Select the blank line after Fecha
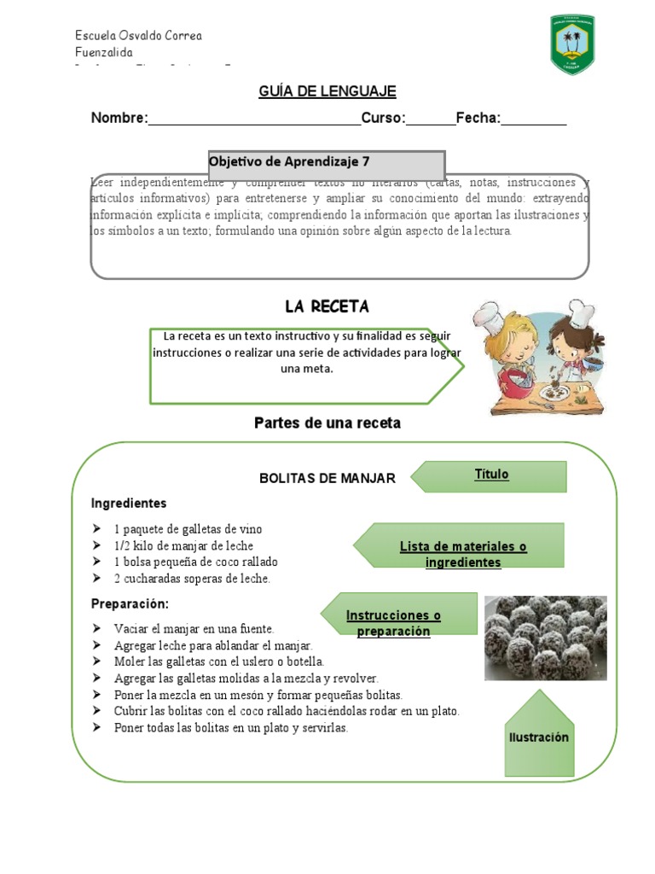(534, 119)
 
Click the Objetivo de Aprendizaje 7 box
(327, 163)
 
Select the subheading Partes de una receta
(327, 422)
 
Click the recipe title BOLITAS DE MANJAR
(327, 479)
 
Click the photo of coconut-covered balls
(546, 638)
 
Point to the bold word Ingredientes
(129, 504)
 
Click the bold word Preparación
(130, 604)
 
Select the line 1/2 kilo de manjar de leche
(183, 545)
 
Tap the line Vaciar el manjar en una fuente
(194, 628)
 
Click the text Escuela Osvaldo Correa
(138, 36)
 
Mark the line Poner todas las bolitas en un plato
(230, 728)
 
